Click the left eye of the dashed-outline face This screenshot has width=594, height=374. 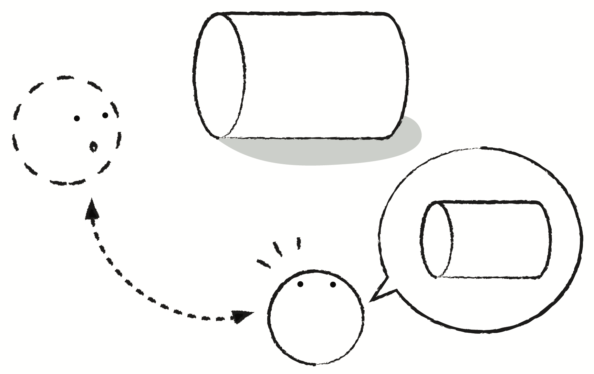77,118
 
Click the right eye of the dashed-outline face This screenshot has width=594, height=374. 105,115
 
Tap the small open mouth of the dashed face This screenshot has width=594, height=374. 93,146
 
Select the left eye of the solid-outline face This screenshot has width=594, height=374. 300,284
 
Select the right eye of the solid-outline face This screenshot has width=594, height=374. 333,284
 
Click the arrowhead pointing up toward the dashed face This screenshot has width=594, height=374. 92,209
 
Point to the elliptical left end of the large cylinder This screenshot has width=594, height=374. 220,76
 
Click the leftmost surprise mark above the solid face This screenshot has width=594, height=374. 264,263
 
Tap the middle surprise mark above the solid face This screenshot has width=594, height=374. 278,249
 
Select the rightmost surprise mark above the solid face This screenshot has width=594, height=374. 299,243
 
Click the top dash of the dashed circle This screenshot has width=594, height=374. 65,77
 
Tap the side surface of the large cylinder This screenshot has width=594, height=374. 320,76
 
